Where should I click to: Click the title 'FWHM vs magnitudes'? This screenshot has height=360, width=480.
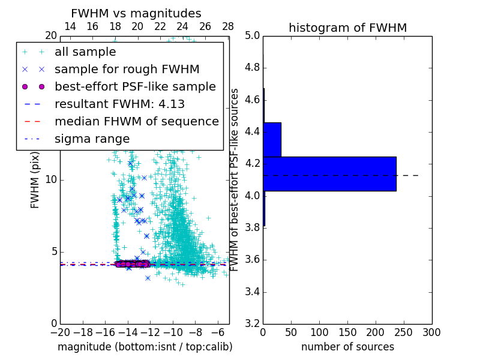136,13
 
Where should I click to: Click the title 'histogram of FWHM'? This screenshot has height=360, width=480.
347,28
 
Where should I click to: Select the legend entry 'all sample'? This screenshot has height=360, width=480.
85,52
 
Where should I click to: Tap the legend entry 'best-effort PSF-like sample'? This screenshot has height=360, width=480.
135,87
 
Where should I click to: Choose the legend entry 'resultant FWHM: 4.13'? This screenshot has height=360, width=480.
119,104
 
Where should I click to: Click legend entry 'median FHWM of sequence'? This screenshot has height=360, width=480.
136,122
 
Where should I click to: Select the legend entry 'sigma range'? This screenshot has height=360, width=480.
92,139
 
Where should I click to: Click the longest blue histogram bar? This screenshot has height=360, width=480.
329,173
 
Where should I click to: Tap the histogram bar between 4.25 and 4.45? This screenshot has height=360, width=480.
272,139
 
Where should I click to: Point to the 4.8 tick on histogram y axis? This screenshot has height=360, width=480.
252,67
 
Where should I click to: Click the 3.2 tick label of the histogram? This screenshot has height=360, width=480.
252,324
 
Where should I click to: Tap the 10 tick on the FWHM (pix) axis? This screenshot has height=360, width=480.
51,179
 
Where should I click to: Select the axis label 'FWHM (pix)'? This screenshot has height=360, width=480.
35,179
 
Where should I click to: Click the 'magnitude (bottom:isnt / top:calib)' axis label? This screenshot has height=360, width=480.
145,347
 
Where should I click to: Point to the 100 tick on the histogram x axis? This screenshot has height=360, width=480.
319,332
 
